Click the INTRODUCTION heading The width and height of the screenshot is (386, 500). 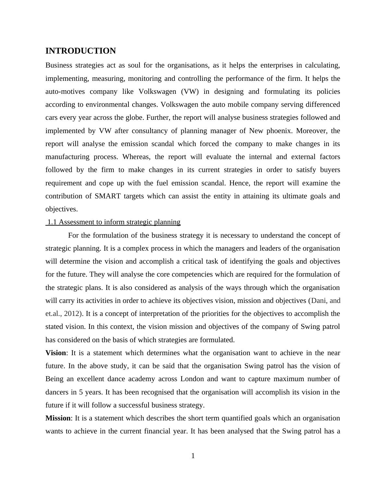tap(80, 51)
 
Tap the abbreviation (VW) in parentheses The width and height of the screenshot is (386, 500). tap(190, 92)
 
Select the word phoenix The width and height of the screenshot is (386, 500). tap(279, 131)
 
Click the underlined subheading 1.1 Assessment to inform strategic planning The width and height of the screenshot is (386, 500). tap(114, 222)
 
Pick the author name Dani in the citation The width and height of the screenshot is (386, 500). tap(318, 301)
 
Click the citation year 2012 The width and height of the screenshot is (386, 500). tap(72, 314)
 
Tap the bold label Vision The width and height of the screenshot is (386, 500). tap(56, 353)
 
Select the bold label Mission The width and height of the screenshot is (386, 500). tap(58, 418)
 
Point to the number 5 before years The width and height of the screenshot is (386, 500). tap(81, 392)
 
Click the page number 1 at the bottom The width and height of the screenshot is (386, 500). tap(193, 456)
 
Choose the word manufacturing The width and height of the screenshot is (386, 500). tap(67, 157)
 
